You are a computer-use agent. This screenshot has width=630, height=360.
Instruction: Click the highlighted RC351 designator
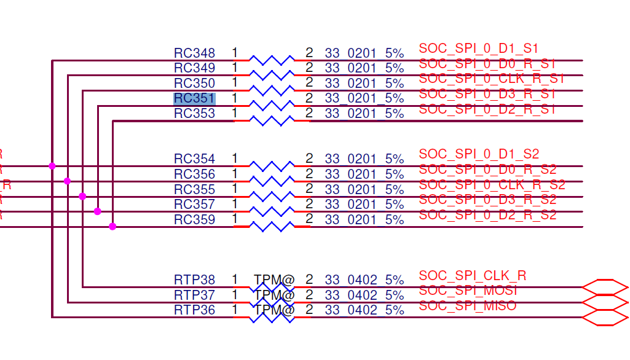click(194, 98)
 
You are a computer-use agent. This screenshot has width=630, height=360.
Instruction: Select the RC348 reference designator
click(194, 53)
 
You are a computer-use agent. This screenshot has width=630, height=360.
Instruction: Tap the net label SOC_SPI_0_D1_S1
click(479, 48)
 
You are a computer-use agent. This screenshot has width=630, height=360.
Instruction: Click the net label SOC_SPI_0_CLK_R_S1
click(491, 79)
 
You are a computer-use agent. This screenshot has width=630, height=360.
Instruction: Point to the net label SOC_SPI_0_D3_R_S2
click(487, 200)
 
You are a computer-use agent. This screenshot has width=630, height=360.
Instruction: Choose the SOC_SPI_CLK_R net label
click(472, 275)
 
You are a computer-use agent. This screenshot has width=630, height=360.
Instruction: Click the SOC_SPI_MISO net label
click(467, 306)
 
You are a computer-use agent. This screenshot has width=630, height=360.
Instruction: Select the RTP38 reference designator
click(194, 280)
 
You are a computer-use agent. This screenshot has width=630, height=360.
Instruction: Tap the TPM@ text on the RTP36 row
click(274, 310)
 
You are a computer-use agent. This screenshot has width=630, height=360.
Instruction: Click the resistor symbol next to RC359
click(272, 227)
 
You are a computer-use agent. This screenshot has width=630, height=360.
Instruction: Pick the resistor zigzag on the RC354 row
click(272, 166)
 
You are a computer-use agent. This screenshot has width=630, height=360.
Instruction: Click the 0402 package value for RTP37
click(362, 295)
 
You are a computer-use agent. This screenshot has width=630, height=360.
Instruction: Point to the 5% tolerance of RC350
click(395, 84)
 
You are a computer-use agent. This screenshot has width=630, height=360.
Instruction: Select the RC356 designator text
click(194, 174)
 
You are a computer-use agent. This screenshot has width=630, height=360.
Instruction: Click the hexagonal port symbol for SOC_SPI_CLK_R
click(605, 287)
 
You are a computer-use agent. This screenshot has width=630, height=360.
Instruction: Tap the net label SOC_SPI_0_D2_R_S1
click(487, 109)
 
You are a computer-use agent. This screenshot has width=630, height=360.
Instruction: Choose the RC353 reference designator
click(194, 114)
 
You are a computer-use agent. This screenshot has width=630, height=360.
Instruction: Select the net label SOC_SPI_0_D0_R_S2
click(487, 170)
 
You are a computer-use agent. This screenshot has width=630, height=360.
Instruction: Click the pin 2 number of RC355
click(309, 189)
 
